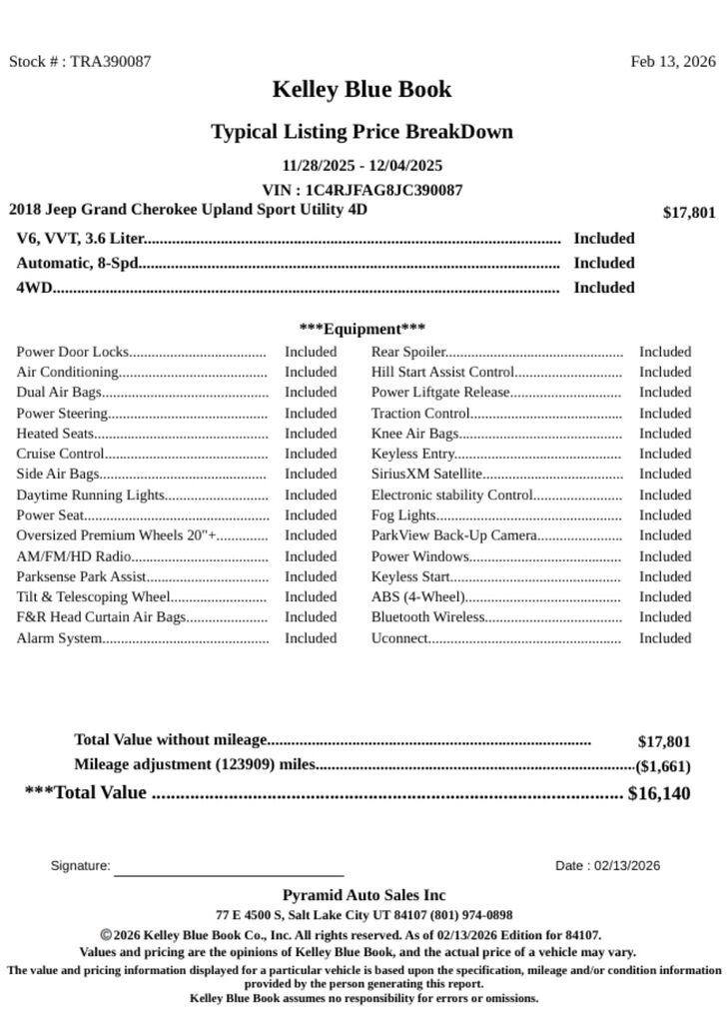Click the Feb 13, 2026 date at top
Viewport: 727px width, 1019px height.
[672, 61]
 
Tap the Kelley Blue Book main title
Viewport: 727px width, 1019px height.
[362, 90]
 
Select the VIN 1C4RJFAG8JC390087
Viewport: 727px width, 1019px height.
[383, 190]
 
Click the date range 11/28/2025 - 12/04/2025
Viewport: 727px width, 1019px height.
[363, 165]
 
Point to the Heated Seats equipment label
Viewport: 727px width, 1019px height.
[55, 434]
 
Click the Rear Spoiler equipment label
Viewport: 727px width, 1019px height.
[407, 352]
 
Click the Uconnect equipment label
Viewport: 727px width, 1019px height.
[399, 638]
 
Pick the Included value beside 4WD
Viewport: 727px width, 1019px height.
[603, 288]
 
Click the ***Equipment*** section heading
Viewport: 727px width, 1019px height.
[363, 329]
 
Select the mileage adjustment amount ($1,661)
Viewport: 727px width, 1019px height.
[662, 767]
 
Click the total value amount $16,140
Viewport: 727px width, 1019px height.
[658, 794]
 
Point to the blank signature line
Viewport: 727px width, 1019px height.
[229, 872]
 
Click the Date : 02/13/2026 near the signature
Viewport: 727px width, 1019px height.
[607, 866]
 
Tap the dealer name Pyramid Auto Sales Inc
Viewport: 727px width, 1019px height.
[363, 895]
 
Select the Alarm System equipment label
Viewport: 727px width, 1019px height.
[59, 638]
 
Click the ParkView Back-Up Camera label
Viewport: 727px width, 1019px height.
[454, 535]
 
